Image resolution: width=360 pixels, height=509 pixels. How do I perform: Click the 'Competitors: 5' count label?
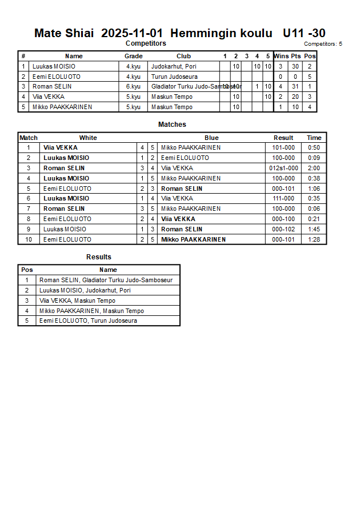323,44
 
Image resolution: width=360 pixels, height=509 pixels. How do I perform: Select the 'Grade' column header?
133,56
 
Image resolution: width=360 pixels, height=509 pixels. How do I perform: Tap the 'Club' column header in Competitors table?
183,56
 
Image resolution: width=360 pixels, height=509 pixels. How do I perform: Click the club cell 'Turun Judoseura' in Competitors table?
174,77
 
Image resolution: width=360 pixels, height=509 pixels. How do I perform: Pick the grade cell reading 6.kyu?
133,87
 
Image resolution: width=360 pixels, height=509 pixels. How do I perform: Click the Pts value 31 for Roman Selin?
295,87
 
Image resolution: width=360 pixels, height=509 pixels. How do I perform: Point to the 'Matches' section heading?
172,125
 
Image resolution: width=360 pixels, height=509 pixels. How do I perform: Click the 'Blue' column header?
211,138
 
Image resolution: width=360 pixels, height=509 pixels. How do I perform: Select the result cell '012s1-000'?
283,168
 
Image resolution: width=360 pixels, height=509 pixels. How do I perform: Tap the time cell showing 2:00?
314,168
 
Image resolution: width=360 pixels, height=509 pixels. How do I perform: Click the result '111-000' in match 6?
283,199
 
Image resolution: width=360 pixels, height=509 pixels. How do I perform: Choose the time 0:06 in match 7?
314,209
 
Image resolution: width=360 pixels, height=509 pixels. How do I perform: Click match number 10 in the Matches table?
28,239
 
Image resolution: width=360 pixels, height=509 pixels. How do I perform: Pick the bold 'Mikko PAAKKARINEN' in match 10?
193,239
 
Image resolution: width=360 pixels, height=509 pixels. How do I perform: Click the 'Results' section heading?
99,257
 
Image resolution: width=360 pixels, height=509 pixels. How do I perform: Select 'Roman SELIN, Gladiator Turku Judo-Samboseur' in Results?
106,280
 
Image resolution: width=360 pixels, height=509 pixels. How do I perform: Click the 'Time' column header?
314,138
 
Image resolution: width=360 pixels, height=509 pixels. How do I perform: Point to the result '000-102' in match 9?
283,229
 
